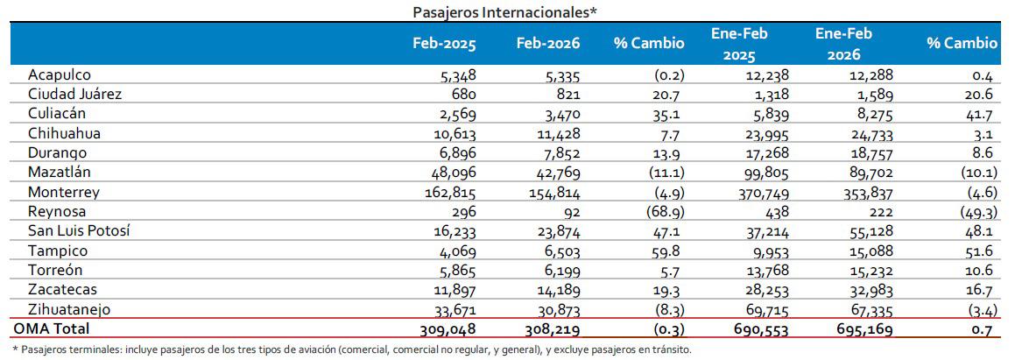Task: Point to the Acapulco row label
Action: pyautogui.click(x=59, y=76)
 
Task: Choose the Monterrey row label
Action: pyautogui.click(x=63, y=192)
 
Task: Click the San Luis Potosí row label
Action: pyautogui.click(x=76, y=230)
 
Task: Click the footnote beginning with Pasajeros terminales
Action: pyautogui.click(x=351, y=349)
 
